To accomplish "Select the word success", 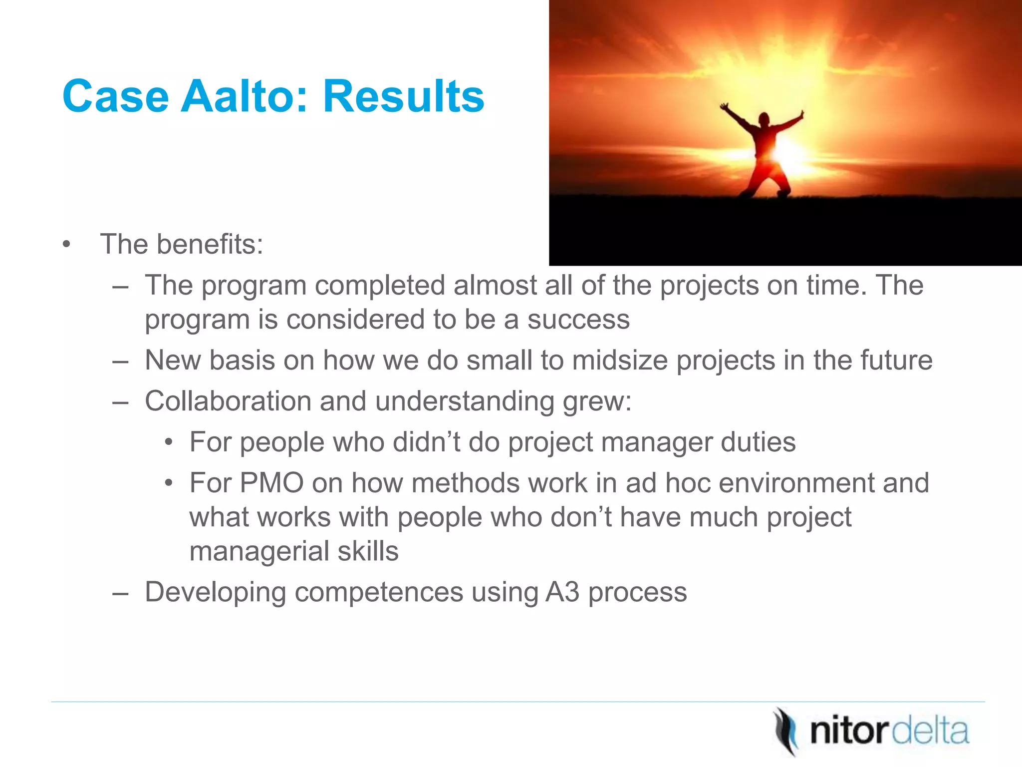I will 578,320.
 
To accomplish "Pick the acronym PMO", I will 271,483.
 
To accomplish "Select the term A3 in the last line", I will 562,592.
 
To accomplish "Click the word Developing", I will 215,592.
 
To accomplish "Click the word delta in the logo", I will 930,732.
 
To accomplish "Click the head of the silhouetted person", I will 764,120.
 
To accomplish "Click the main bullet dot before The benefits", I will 67,245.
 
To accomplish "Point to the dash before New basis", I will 120,361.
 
